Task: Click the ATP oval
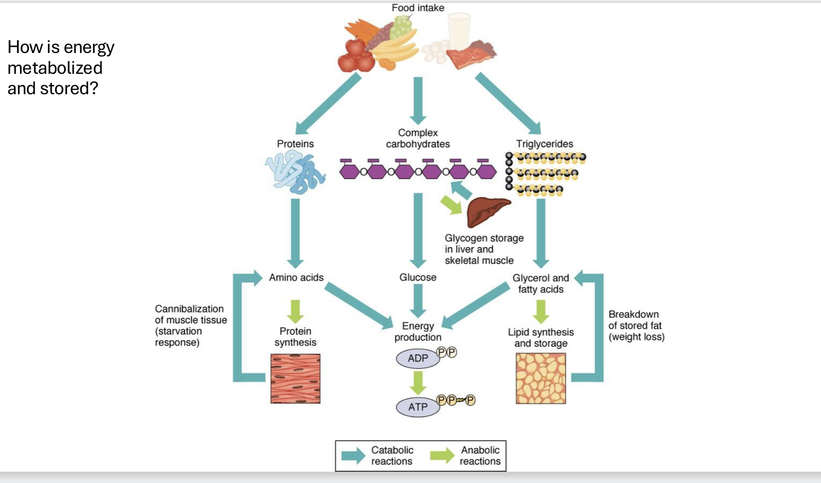point(418,407)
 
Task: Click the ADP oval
point(418,358)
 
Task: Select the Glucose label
point(418,277)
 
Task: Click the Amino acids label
point(296,277)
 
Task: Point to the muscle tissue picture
point(296,378)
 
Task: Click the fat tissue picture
point(541,378)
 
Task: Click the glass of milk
point(459,30)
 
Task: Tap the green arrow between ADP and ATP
point(418,383)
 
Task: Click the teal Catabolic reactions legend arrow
point(353,456)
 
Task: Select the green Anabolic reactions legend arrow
point(442,456)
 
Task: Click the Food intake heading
point(418,8)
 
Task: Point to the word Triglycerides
point(545,144)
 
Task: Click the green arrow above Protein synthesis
point(296,311)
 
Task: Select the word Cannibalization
point(189,309)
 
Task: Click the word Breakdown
point(633,314)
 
